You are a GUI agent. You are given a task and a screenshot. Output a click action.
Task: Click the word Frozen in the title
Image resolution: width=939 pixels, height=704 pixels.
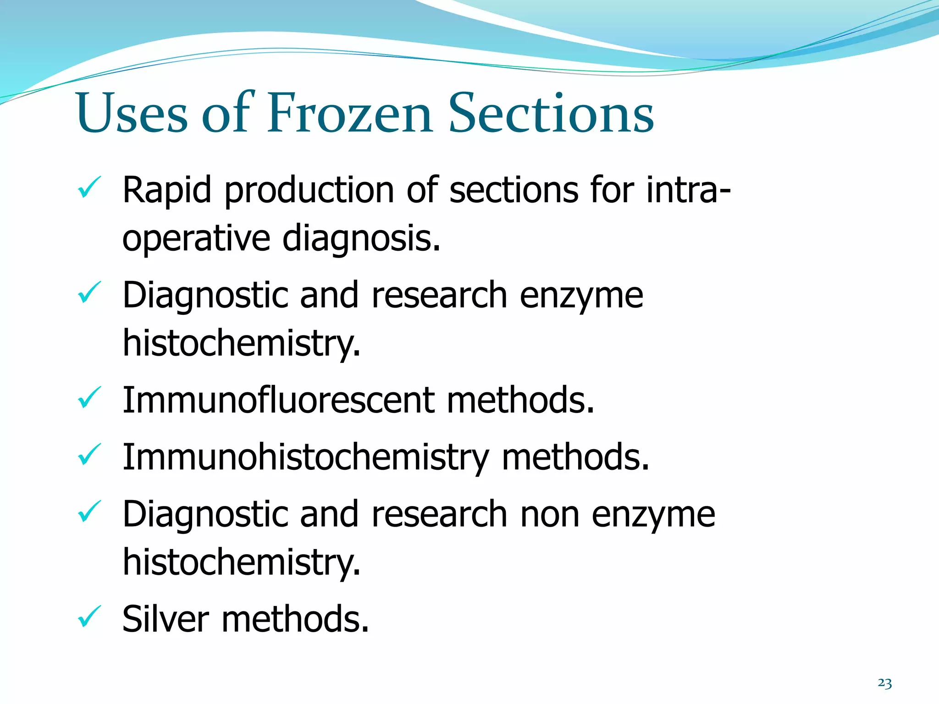(x=349, y=113)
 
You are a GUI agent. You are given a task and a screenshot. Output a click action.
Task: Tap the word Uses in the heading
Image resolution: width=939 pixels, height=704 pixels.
(x=133, y=113)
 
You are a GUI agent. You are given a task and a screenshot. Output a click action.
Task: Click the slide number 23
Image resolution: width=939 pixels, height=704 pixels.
(x=884, y=683)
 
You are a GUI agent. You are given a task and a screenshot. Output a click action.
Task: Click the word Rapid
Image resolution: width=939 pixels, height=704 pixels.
(x=167, y=191)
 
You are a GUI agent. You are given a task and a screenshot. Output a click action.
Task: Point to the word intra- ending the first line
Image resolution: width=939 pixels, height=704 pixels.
(x=688, y=190)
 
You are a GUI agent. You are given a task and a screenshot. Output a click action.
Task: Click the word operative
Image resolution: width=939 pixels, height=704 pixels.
(x=196, y=239)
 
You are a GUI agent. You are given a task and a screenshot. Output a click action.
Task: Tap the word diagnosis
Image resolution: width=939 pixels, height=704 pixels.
(x=361, y=239)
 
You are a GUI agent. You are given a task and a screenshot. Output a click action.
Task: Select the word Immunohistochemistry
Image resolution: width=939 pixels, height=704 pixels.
(x=306, y=457)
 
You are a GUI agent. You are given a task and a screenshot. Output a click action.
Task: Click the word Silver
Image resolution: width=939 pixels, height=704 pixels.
(x=166, y=619)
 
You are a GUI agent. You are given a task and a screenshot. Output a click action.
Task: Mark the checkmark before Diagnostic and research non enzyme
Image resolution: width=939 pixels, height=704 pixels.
(x=89, y=511)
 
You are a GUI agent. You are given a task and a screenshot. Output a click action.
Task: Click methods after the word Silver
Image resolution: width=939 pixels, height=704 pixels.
(x=295, y=619)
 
